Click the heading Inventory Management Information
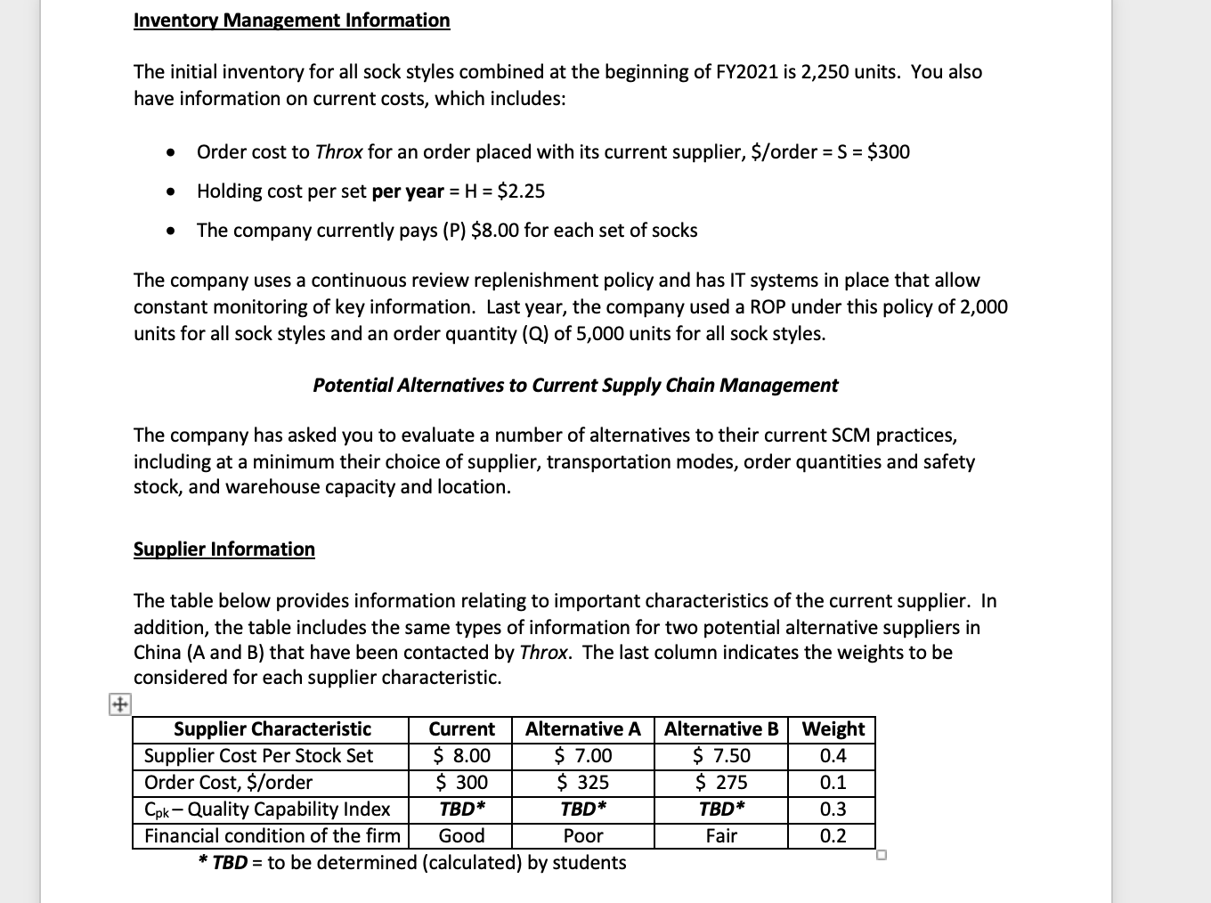point(291,20)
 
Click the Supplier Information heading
point(224,549)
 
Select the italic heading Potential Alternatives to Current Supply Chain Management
point(574,386)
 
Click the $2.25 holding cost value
point(521,191)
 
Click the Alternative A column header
point(582,729)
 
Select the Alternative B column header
point(720,729)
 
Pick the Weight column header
point(833,729)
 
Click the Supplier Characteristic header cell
point(272,729)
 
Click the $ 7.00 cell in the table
point(582,756)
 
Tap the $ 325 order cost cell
point(582,783)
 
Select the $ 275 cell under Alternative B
point(720,783)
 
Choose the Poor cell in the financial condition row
point(582,836)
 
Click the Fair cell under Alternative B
point(720,836)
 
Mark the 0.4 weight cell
point(833,756)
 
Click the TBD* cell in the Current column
point(461,809)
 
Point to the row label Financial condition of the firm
point(272,836)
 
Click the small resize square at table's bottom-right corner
point(882,856)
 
